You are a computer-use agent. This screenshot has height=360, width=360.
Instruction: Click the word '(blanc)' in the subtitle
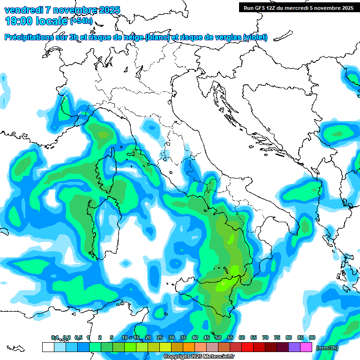157,37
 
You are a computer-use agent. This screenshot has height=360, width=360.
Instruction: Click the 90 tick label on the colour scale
312,337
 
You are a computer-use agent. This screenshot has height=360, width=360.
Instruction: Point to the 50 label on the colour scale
218,337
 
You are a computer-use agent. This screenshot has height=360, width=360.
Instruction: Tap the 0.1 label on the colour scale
55,337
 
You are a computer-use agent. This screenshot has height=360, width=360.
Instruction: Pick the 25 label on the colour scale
160,337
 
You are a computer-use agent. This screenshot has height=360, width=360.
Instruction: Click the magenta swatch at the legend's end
306,347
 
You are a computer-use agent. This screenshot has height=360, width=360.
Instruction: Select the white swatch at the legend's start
48,347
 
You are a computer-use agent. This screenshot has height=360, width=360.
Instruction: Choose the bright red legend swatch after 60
247,347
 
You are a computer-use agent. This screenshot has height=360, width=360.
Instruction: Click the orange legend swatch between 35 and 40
189,347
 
